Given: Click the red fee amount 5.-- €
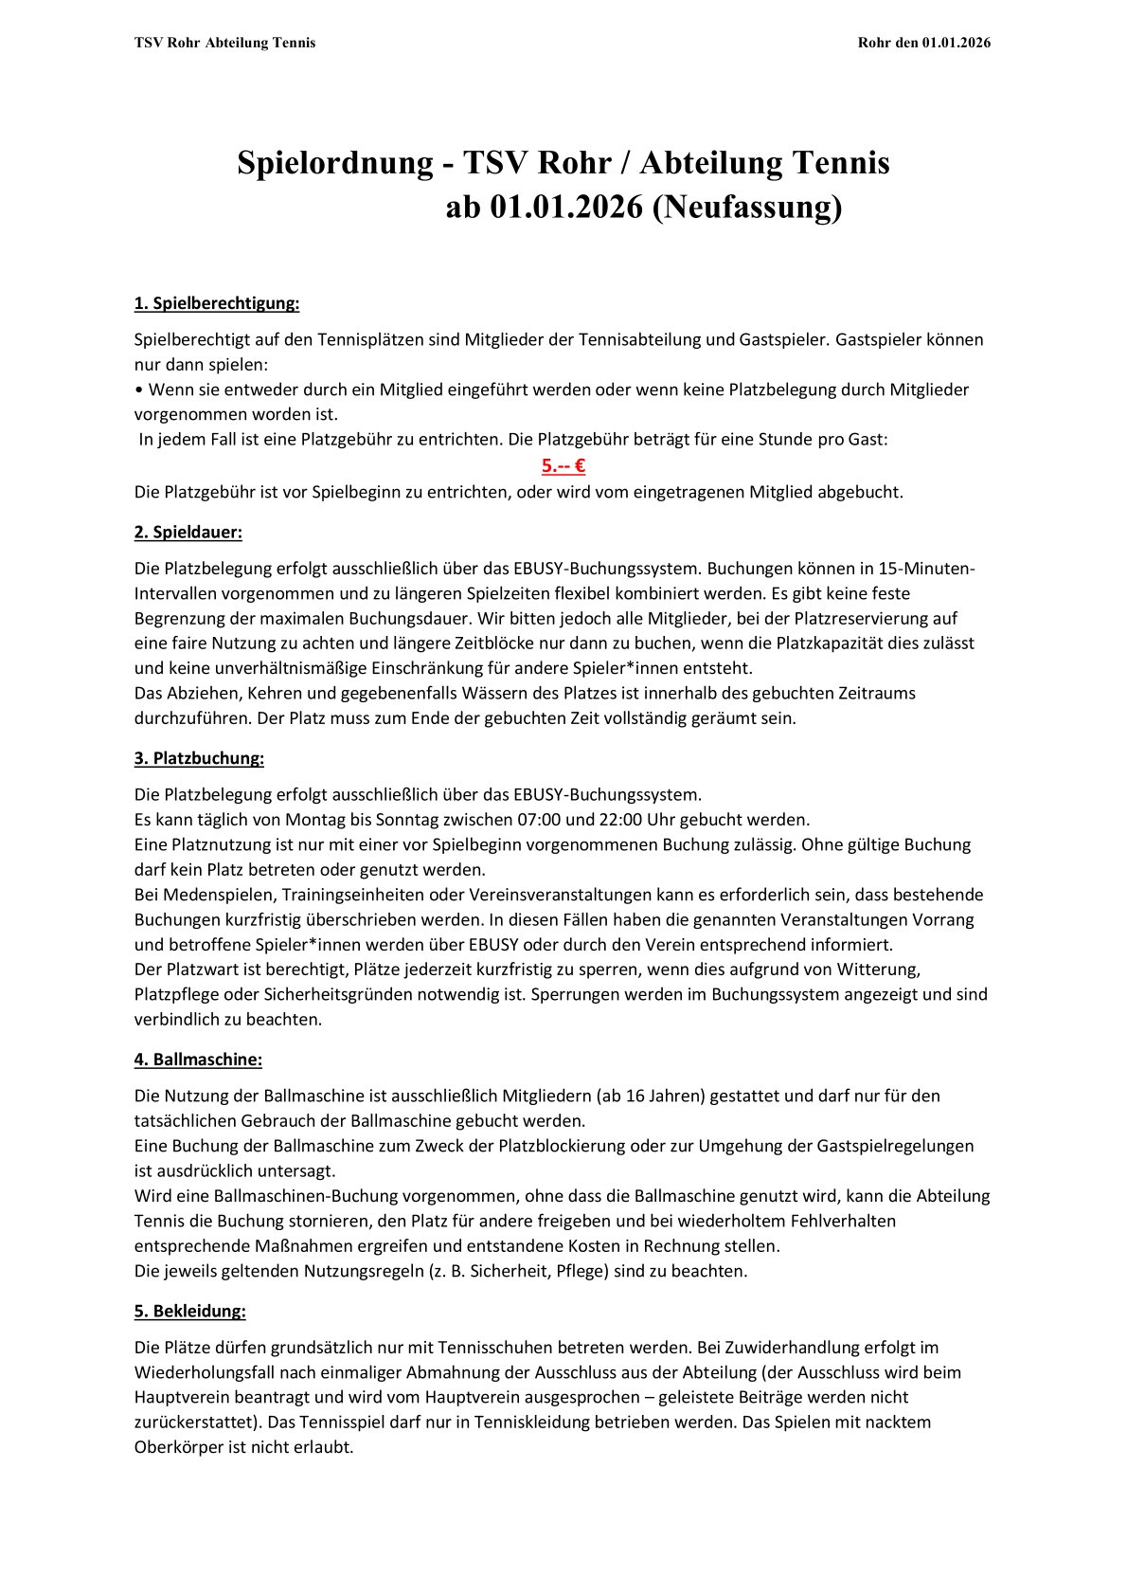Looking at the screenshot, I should (563, 465).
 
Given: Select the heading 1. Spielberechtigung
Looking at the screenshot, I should (217, 303).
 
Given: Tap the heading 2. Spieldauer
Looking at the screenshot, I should (188, 532).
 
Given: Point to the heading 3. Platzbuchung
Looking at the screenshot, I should (199, 758).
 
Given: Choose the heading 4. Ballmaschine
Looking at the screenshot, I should (198, 1059).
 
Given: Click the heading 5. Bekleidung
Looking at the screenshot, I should (189, 1311).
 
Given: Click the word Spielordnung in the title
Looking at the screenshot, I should (334, 163).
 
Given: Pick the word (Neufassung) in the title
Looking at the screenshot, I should (746, 207).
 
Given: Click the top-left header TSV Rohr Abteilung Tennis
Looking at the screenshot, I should (225, 43).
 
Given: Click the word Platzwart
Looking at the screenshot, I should (203, 970).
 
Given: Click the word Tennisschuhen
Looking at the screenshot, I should (559, 1347).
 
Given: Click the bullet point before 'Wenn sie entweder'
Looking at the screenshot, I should (139, 390).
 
